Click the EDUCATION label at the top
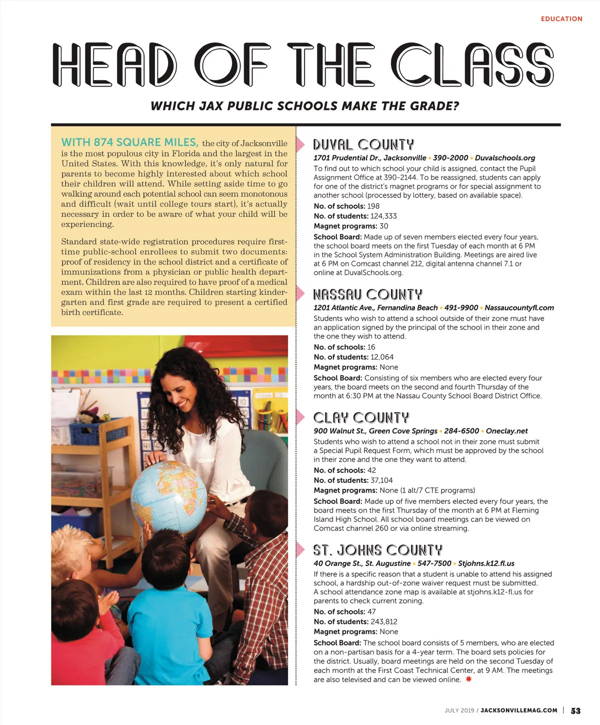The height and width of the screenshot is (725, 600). (x=561, y=19)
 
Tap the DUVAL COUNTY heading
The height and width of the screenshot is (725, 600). (x=363, y=145)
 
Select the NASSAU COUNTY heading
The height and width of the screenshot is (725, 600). (x=367, y=294)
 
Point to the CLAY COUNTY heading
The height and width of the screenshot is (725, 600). (x=361, y=418)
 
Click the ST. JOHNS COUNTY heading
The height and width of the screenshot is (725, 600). (x=377, y=550)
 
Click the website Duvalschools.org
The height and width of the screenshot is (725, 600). (x=504, y=158)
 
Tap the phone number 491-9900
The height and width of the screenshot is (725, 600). (x=461, y=308)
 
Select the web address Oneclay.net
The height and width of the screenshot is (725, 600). (x=506, y=431)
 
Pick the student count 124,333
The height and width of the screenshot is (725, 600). (x=383, y=216)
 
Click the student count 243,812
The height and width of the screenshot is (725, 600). (x=384, y=621)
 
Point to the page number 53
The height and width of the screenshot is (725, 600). (x=575, y=710)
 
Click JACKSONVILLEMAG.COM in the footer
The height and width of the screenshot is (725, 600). (x=518, y=710)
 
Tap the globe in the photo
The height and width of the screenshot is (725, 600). (x=168, y=496)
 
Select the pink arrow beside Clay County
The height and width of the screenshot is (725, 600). (x=300, y=417)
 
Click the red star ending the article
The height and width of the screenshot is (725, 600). (x=468, y=679)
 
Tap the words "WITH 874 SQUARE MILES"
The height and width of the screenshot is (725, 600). (x=129, y=142)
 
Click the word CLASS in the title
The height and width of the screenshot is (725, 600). (x=472, y=65)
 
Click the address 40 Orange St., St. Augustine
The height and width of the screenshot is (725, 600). (x=362, y=563)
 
